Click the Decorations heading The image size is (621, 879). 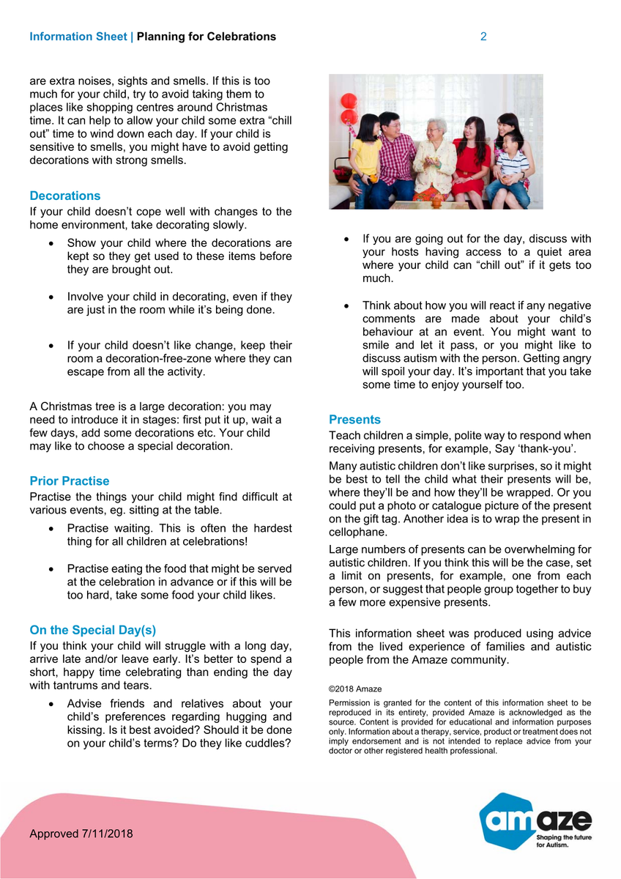(65, 196)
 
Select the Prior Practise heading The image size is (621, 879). (70, 481)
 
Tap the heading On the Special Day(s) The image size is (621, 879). (92, 630)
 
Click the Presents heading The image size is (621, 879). (355, 420)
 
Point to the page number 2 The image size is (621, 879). (483, 37)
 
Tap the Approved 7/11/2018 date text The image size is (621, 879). (81, 834)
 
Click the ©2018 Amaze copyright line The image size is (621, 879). (355, 689)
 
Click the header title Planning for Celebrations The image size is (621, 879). (207, 37)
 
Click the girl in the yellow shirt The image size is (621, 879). (364, 157)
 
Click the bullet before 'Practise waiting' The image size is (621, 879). (50, 529)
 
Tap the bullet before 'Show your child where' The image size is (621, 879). (50, 243)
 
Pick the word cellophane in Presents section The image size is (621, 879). (356, 533)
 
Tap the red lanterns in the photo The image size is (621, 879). (349, 110)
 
